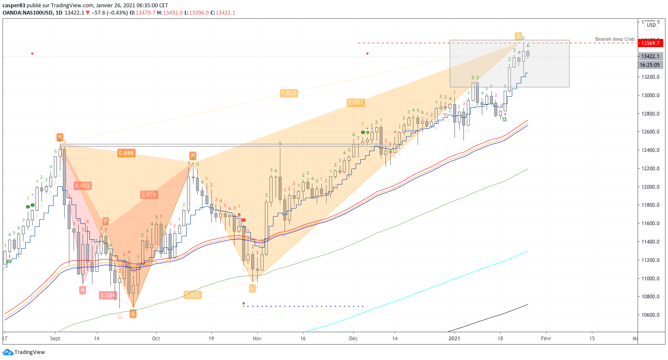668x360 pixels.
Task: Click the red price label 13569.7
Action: pos(650,43)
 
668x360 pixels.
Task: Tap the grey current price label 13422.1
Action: pos(650,57)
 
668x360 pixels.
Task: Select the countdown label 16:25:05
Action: pos(650,65)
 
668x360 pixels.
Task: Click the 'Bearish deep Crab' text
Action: pos(615,39)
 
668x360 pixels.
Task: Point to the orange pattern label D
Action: pos(518,36)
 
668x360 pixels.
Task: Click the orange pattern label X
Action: pos(60,137)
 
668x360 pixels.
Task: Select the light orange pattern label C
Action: pos(252,289)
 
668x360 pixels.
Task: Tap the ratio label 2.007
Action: pos(356,103)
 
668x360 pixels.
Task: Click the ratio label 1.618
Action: pos(289,93)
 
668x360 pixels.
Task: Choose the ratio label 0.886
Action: pos(126,153)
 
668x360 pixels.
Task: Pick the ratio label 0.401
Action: pos(82,186)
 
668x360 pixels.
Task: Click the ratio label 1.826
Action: pos(149,195)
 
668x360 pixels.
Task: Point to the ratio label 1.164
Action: pos(107,295)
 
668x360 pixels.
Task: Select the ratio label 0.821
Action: pos(192,295)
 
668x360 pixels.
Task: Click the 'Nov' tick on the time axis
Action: pos(257,338)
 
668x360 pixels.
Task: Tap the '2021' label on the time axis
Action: pos(454,338)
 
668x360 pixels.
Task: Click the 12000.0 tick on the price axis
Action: pos(650,187)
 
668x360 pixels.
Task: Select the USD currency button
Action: pos(651,25)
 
